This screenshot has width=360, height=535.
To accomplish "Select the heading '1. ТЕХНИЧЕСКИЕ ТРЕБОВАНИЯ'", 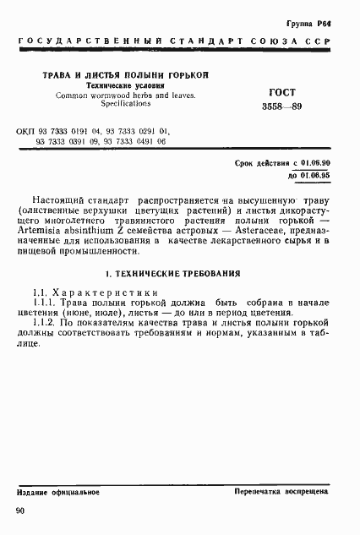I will (x=172, y=275).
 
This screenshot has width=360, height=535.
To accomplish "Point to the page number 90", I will (x=20, y=510).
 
